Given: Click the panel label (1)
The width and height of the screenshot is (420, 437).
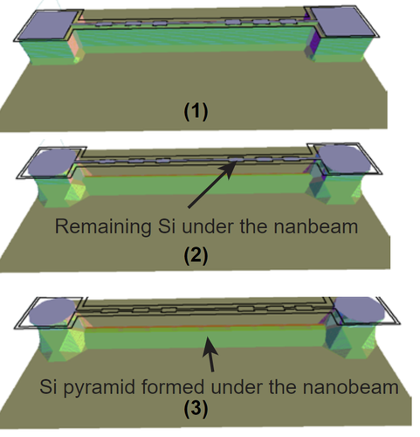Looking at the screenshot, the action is pos(196,111).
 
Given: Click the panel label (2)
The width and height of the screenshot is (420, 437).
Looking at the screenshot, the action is pos(196,255).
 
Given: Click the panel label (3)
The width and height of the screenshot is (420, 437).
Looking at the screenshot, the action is pos(196,408).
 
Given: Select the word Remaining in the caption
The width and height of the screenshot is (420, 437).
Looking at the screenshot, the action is pos(103,227).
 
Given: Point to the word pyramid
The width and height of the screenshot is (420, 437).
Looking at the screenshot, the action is pos(99,388).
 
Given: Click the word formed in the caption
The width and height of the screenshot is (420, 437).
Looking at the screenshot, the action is pos(173,387).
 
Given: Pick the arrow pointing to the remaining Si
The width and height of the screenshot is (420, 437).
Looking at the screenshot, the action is pos(211,184).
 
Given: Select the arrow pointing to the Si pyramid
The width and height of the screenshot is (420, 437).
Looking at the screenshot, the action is pos(210,354).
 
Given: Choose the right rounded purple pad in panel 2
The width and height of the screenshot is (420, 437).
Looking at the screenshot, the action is pos(344,159).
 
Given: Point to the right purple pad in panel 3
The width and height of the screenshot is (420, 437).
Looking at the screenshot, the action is pos(361,309).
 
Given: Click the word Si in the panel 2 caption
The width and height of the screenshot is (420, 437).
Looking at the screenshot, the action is pos(167,226).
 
